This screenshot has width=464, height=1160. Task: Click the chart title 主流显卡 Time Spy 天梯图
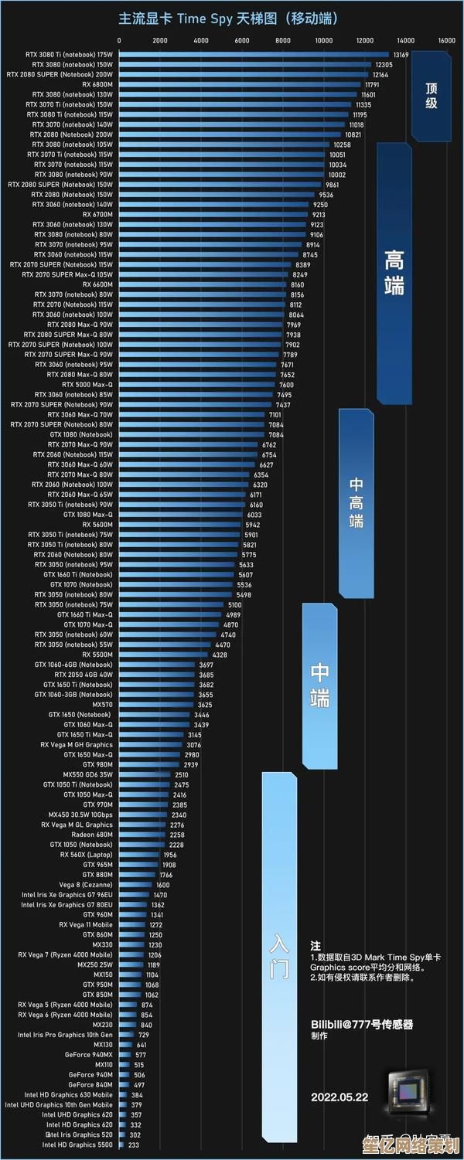coord(228,19)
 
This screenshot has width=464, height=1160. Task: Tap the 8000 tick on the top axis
coord(282,40)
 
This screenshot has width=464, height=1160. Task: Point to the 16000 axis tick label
coord(446,40)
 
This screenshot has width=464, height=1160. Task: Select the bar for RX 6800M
coord(240,85)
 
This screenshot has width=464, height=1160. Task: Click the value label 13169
coord(401,55)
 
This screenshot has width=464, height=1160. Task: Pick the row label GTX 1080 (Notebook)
coord(80,435)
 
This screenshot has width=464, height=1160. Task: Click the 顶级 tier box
coord(431,96)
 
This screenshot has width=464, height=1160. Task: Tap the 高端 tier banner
coord(394,274)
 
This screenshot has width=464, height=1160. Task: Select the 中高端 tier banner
coord(356,503)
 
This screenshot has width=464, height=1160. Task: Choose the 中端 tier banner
coord(319,685)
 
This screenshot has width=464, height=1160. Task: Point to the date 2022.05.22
coord(339,1097)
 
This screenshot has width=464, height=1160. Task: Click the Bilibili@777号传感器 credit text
coord(362,1024)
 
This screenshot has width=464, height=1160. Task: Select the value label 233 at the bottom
coord(134,1145)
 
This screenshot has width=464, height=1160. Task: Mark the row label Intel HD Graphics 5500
coord(77,1145)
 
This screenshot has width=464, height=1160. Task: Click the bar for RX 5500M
coord(164,655)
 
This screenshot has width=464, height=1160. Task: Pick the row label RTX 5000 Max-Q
coord(87,385)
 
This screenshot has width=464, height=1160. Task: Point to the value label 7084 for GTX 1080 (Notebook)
coord(276,435)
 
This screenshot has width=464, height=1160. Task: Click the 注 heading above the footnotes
coord(316,946)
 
